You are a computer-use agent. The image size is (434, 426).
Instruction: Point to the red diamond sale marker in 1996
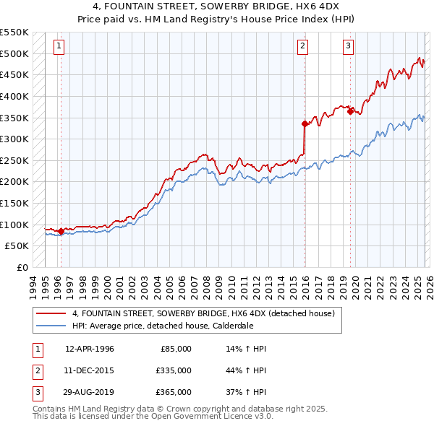(61, 231)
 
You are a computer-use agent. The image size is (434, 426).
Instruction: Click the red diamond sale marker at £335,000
(305, 123)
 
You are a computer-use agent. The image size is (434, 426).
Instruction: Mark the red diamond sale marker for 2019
(350, 111)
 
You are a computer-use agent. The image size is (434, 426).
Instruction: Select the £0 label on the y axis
(22, 267)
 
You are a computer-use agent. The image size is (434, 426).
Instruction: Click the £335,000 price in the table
(173, 370)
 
